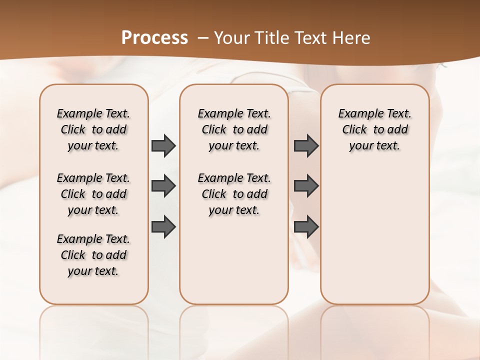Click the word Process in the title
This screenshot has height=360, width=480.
[x=154, y=37]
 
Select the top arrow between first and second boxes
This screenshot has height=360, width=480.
[x=163, y=146]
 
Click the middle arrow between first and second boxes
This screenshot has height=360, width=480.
[x=163, y=186]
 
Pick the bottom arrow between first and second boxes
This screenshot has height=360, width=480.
[x=163, y=226]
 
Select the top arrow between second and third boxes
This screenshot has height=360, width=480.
[x=306, y=146]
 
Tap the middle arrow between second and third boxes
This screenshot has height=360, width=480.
[x=306, y=186]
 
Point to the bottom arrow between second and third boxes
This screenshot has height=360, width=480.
[x=306, y=226]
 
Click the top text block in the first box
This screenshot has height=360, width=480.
[x=93, y=129]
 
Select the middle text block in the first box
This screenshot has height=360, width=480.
[x=93, y=194]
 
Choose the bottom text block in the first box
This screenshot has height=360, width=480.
[x=93, y=255]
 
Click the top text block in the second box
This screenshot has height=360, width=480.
[x=234, y=129]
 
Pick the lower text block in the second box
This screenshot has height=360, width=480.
[x=234, y=194]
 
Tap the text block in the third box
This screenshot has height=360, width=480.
[x=375, y=129]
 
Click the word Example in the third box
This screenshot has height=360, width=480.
[x=357, y=114]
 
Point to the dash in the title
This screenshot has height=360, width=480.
[x=202, y=38]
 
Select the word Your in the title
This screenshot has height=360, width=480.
[x=230, y=38]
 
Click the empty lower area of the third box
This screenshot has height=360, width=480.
[x=375, y=240]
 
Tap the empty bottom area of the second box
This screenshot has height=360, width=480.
[x=234, y=265]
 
